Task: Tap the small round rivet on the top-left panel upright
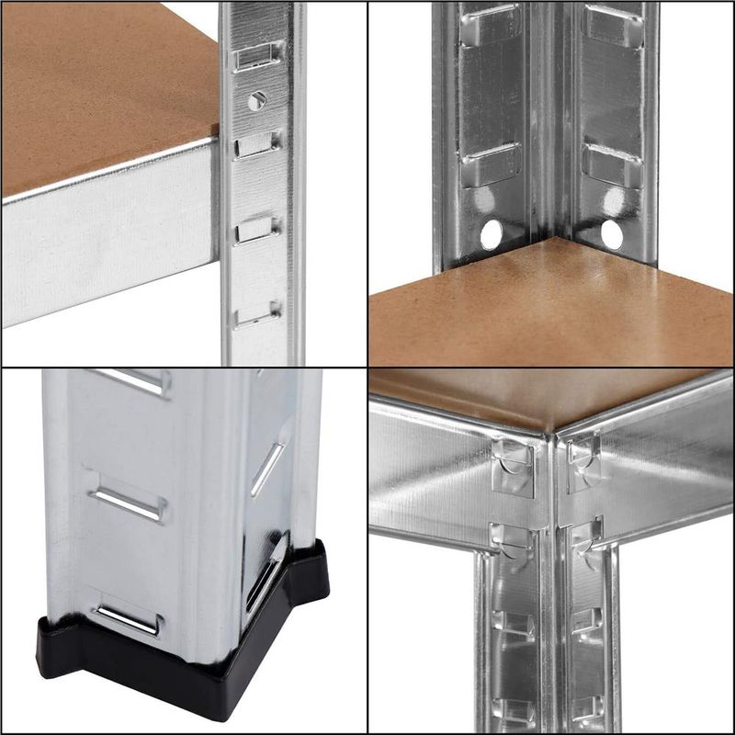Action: click(x=257, y=100)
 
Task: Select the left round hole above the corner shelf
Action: click(x=492, y=234)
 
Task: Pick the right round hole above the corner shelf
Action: click(x=611, y=235)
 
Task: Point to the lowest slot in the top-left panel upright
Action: click(x=257, y=315)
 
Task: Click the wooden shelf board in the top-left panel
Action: click(x=101, y=83)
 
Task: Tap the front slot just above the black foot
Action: click(x=129, y=620)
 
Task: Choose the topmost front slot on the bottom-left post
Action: click(x=129, y=382)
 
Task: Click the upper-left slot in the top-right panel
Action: click(x=491, y=22)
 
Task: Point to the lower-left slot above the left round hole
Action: click(x=491, y=165)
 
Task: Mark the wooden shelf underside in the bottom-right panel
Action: click(x=551, y=390)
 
